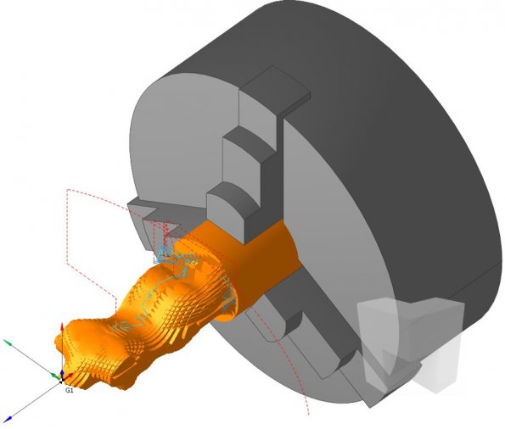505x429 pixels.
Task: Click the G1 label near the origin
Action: point(70,390)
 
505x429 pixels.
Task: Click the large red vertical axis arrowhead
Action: point(62,328)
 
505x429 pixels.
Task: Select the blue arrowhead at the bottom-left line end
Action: point(8,418)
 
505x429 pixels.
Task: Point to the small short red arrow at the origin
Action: point(68,376)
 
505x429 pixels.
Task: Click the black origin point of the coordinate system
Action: point(61,382)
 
